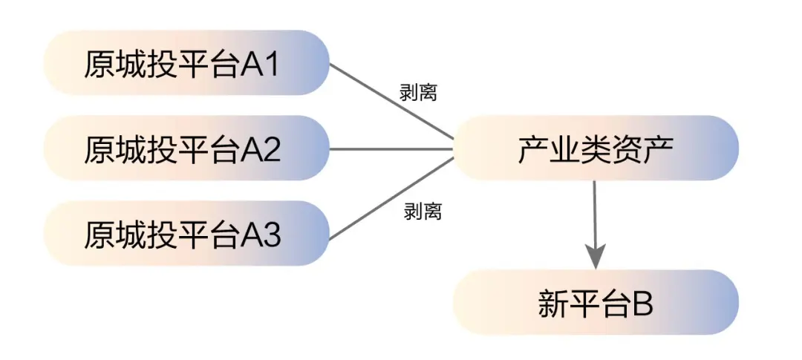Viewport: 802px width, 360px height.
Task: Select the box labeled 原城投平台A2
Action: [x=186, y=148]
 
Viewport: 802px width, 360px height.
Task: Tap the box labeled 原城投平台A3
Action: [x=186, y=233]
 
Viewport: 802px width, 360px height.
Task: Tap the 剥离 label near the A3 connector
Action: [x=422, y=212]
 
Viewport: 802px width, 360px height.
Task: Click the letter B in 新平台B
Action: [x=642, y=304]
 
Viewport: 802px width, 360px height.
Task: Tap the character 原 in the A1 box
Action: [x=100, y=65]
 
